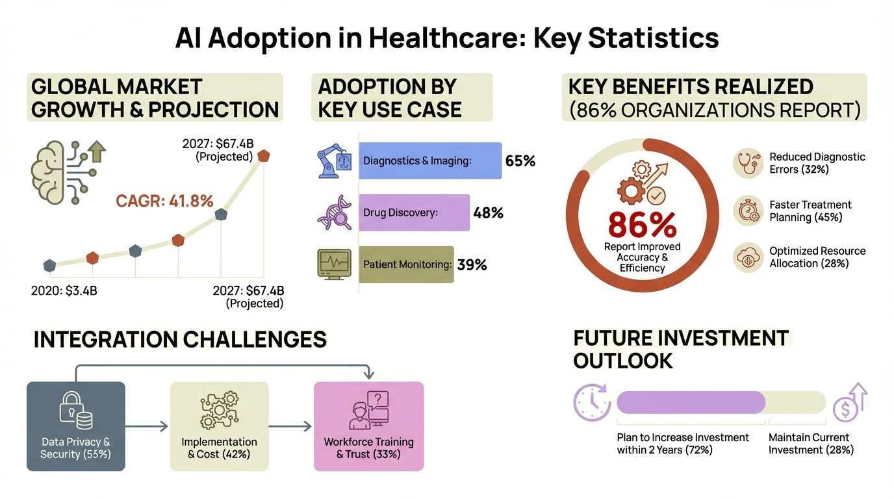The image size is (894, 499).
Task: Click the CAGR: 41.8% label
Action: pos(164,201)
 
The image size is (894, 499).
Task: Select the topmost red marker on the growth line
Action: pos(263,156)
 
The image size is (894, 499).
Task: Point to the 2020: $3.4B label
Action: pos(64,290)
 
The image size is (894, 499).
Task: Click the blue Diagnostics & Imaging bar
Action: pos(430,160)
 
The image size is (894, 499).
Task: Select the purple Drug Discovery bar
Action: pos(414,212)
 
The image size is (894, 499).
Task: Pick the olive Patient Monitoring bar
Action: pos(406,264)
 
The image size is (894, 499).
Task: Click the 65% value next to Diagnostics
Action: pos(520,160)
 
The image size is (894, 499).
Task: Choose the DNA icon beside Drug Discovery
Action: pos(334,213)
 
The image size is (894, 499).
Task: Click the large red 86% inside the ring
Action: pos(642,224)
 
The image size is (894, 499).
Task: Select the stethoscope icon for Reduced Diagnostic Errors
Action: pos(747,163)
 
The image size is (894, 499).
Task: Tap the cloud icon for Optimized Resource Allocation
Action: pos(747,257)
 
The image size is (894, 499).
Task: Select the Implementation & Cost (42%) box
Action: pos(218,426)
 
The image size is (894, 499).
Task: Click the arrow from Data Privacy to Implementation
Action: pos(147,427)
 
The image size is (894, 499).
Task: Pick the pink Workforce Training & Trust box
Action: pos(368,426)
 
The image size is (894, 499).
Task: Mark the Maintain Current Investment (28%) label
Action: pos(811,444)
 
